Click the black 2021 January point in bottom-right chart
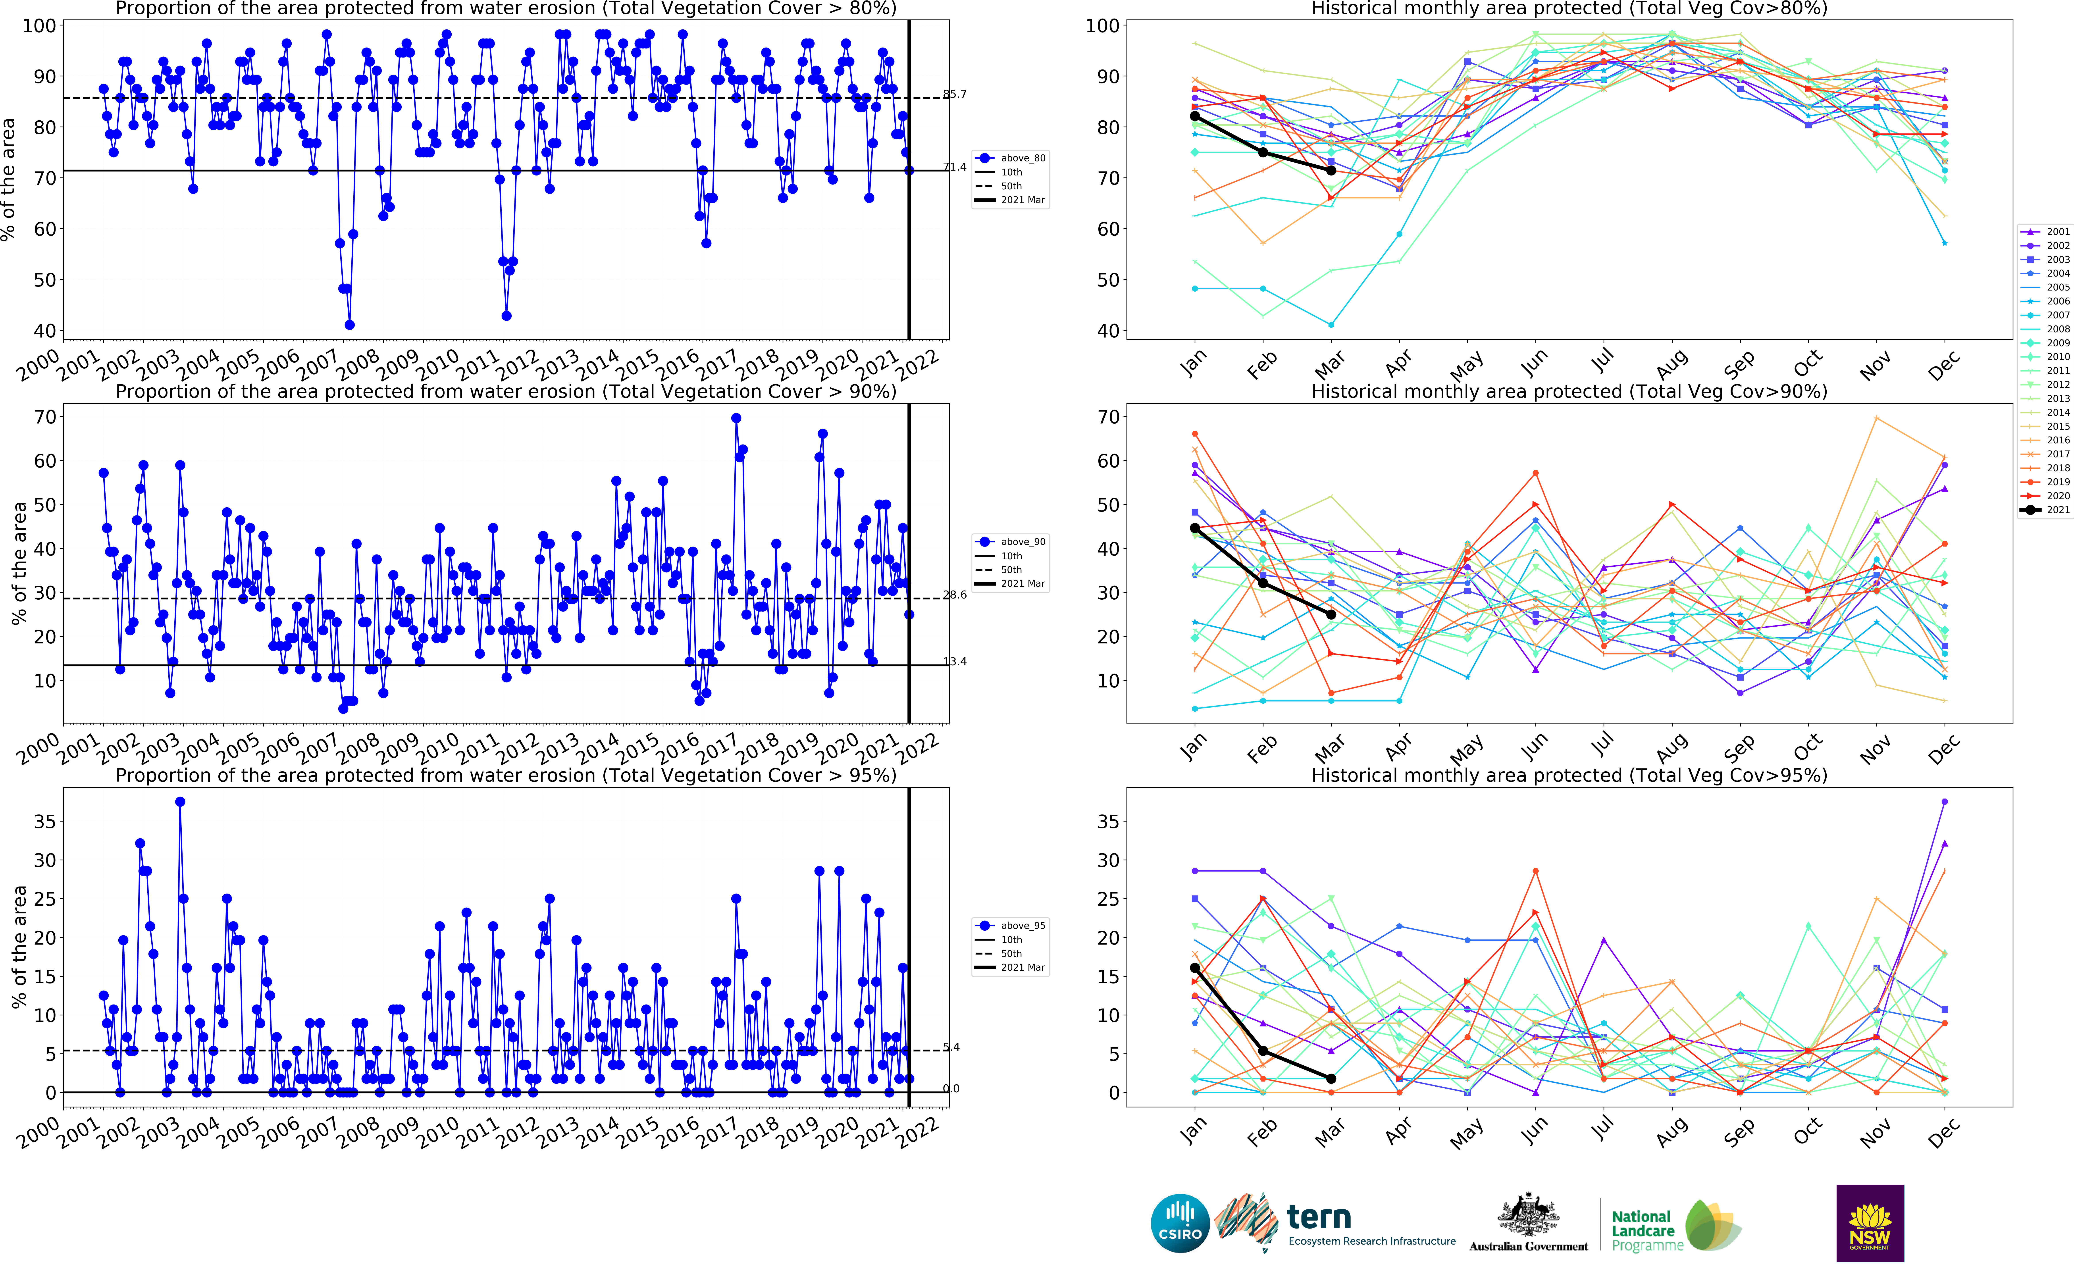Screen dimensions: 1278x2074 tap(1195, 968)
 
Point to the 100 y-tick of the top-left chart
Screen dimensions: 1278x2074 tap(39, 26)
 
